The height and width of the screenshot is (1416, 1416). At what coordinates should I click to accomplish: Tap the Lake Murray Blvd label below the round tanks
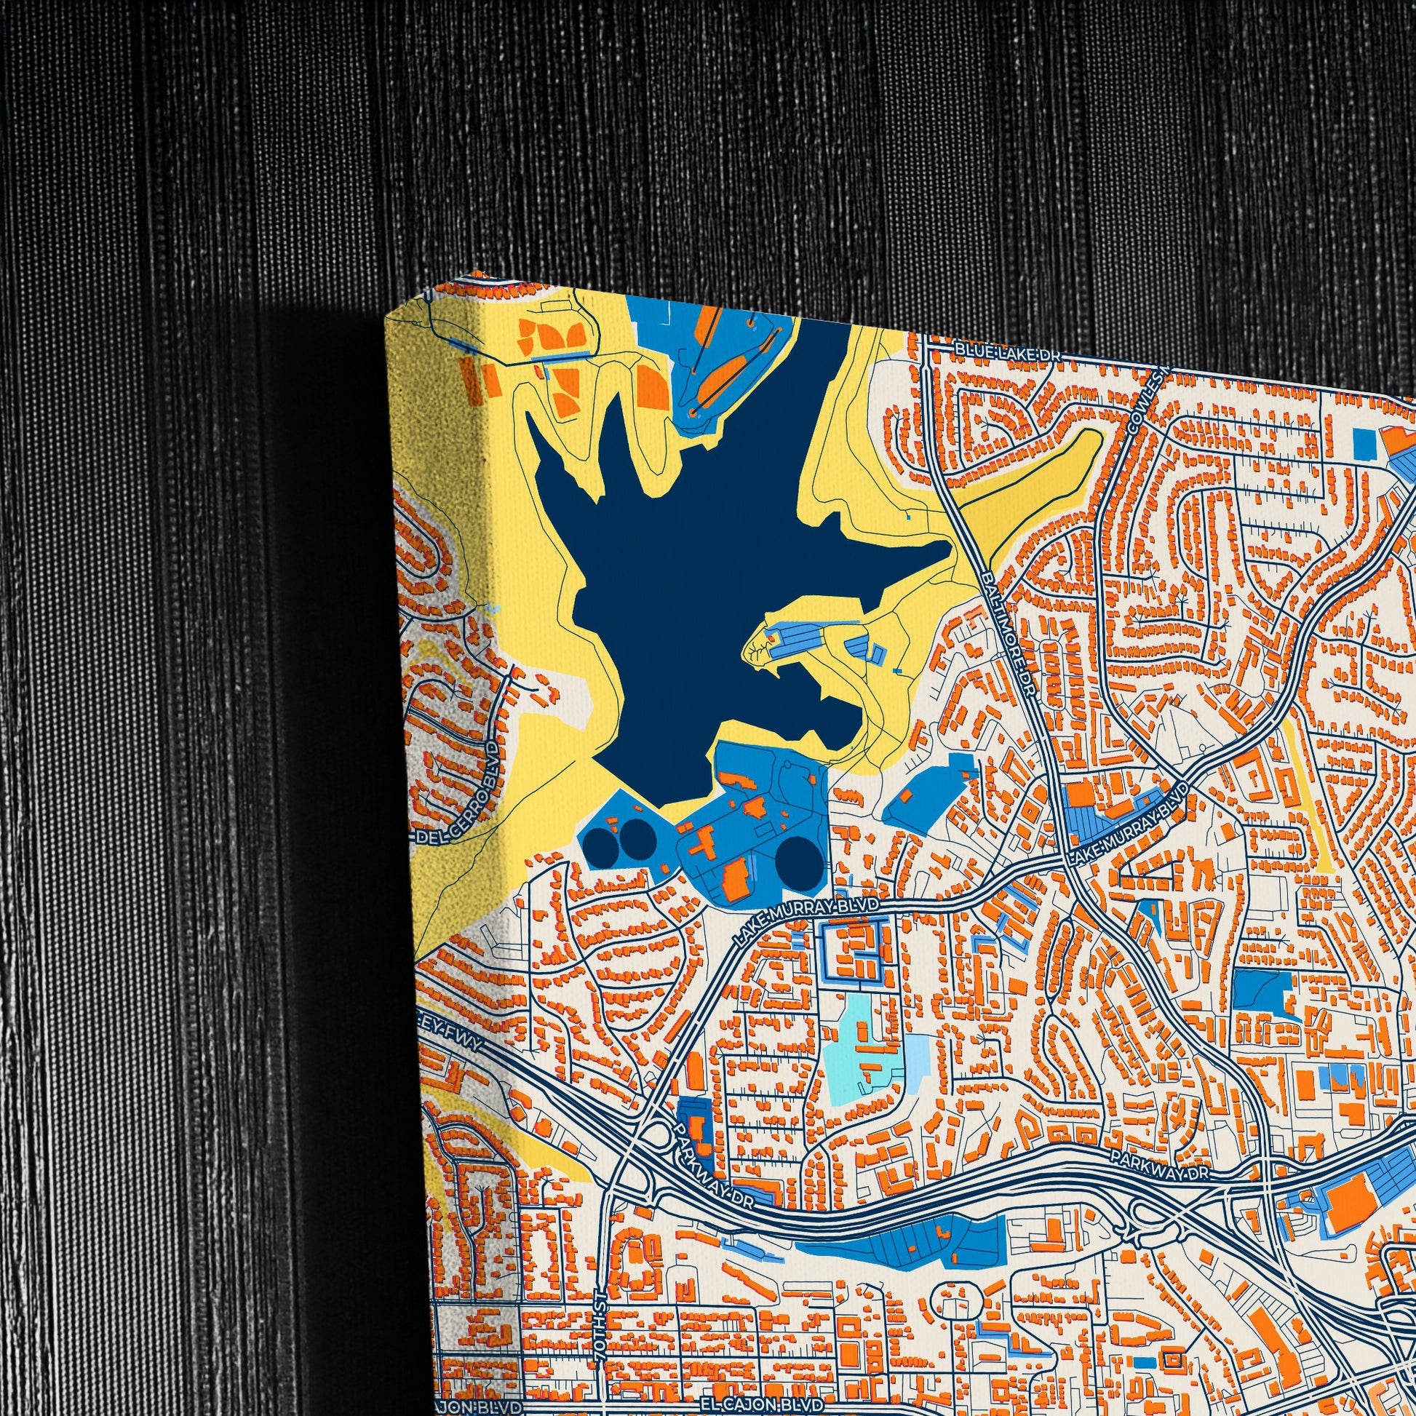click(x=808, y=914)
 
